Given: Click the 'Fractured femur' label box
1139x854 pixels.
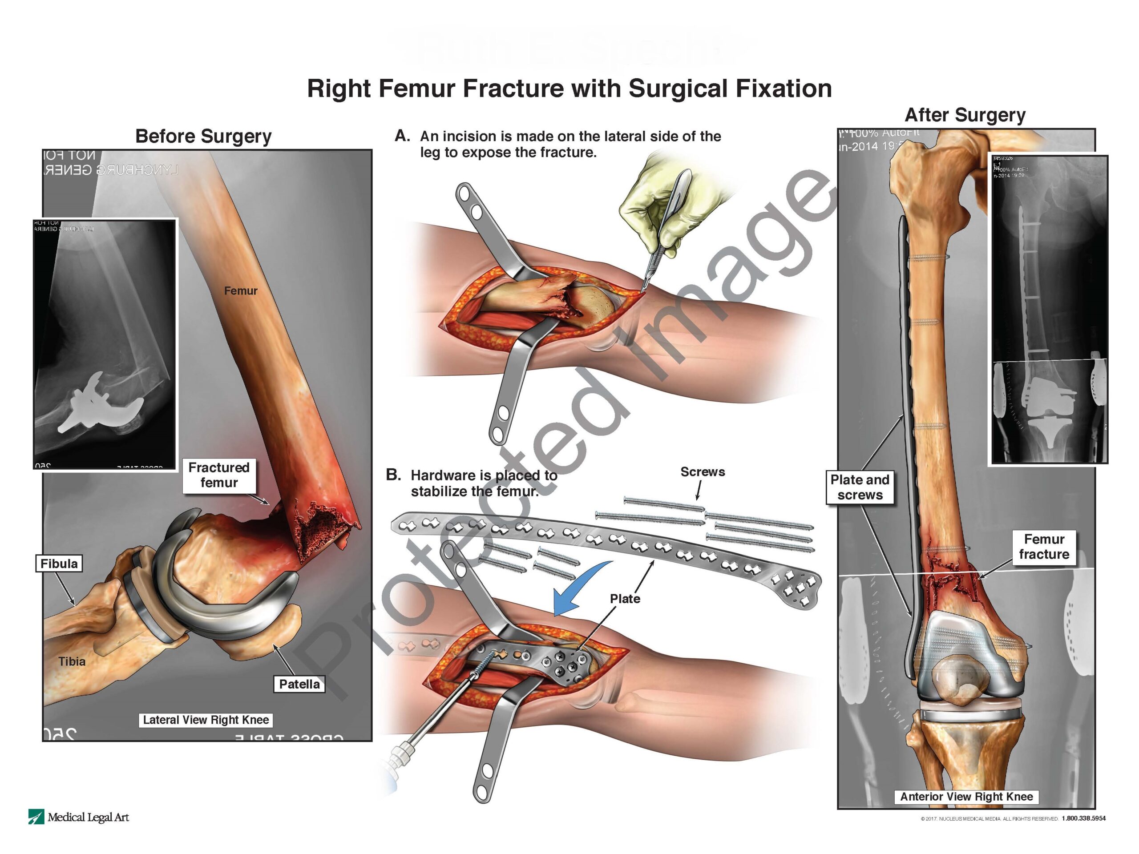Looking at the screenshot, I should click(219, 475).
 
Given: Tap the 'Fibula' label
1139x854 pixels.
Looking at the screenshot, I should click(59, 564).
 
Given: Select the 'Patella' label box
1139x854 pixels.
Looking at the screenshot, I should click(299, 684).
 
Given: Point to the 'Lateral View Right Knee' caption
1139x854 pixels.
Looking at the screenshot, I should click(206, 720).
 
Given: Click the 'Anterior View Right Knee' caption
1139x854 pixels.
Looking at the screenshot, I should click(966, 796).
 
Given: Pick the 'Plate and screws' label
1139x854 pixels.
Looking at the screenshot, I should click(860, 487).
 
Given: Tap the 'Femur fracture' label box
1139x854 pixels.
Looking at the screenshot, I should click(1044, 547).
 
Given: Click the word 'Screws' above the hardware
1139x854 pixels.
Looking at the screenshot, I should click(703, 472).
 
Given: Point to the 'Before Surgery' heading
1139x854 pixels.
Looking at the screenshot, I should click(203, 137).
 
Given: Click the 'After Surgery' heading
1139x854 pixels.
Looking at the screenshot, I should click(965, 115).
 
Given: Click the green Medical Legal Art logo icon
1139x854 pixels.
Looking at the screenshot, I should click(36, 817).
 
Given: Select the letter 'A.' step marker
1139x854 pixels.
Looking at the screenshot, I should click(402, 136).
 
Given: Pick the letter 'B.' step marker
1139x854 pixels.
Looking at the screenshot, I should click(393, 475).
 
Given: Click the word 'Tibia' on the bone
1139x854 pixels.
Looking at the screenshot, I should click(72, 661).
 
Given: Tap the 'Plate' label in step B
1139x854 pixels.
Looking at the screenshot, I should click(625, 599).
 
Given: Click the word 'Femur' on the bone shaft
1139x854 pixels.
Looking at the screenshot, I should click(240, 291).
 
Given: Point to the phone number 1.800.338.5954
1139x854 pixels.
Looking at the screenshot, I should click(1083, 818).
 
